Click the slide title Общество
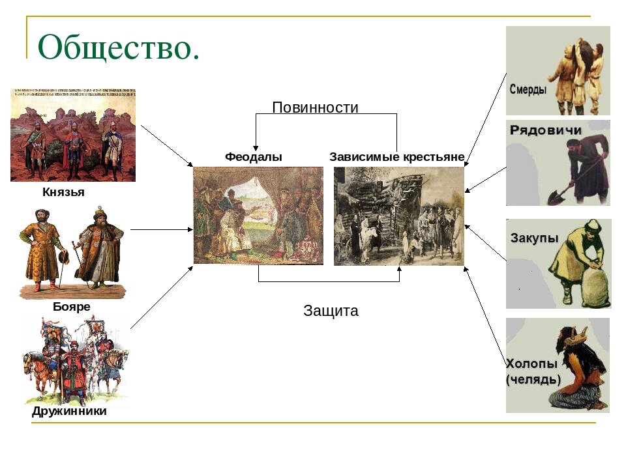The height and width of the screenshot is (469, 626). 119,47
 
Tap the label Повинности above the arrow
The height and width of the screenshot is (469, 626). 315,107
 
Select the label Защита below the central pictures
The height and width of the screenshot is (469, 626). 331,311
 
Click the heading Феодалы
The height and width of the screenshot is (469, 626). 254,157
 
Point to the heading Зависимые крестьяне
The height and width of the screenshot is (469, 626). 397,157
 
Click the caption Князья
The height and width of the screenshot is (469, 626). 63,192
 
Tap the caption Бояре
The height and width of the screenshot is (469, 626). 72,306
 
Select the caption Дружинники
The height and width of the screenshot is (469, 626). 69,411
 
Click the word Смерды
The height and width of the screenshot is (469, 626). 528,89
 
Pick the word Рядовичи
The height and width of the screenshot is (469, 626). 545,130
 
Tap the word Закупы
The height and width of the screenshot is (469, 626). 534,238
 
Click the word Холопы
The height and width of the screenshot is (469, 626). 531,363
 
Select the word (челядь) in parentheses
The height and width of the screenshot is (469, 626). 533,379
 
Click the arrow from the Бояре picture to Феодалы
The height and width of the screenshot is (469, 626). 162,230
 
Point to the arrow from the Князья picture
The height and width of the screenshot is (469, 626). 168,146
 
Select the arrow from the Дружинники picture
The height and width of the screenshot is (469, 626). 162,298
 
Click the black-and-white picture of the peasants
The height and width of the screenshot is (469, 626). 399,216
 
